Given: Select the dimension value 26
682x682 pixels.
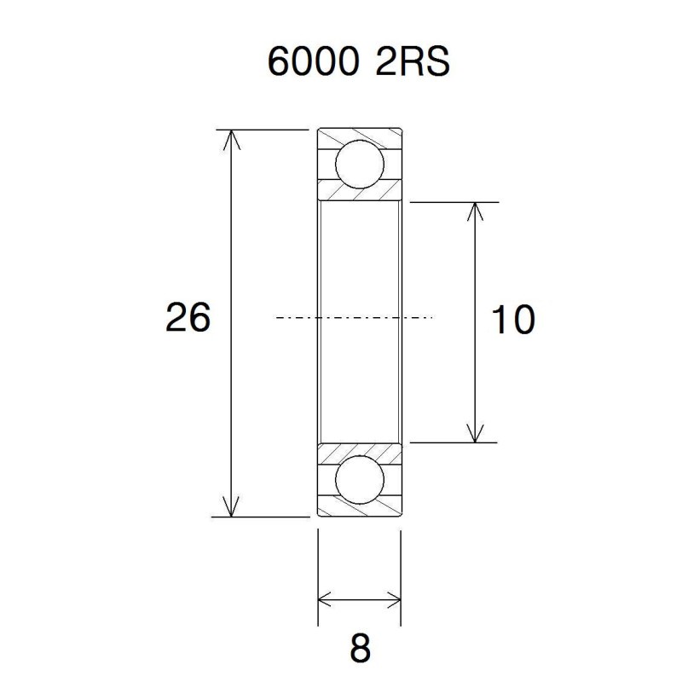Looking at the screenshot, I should pyautogui.click(x=188, y=319).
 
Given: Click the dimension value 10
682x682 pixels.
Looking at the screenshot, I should pyautogui.click(x=513, y=320).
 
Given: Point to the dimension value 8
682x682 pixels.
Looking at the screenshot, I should pyautogui.click(x=361, y=650).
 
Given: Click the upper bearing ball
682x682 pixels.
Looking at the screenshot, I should pyautogui.click(x=358, y=165).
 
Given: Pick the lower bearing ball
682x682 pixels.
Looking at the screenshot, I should pyautogui.click(x=358, y=480).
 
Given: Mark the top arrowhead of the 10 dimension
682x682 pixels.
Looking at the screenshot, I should pyautogui.click(x=475, y=211).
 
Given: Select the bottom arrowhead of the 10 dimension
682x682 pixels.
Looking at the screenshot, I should pyautogui.click(x=475, y=434).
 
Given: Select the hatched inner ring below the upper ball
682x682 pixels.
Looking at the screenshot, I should pyautogui.click(x=359, y=194).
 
